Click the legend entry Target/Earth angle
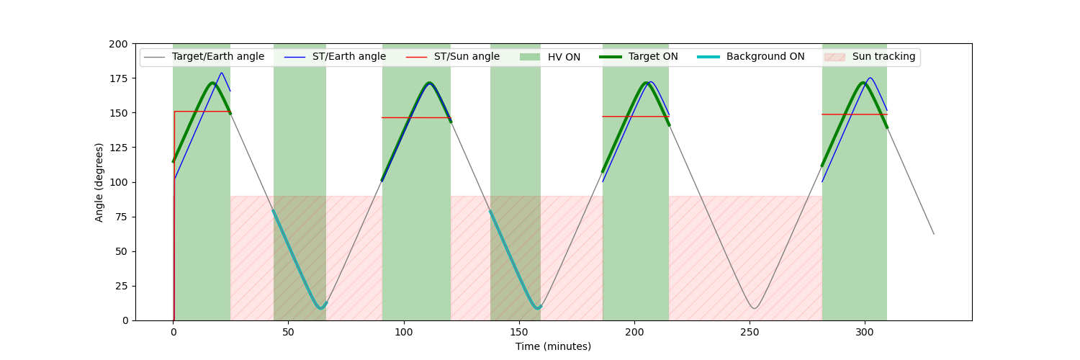[217, 57]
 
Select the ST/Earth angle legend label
[348, 57]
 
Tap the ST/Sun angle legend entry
[467, 57]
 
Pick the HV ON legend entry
[564, 57]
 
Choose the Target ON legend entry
[653, 57]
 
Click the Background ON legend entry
[765, 57]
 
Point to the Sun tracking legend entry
[883, 57]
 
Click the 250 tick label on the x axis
[750, 333]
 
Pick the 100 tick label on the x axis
[404, 333]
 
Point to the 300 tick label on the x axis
[865, 333]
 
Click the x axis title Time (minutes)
[553, 346]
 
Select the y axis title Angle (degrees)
[99, 182]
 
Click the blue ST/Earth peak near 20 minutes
[221, 73]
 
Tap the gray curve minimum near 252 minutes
[754, 308]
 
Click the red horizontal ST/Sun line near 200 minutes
[634, 117]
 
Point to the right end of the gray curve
[934, 234]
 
